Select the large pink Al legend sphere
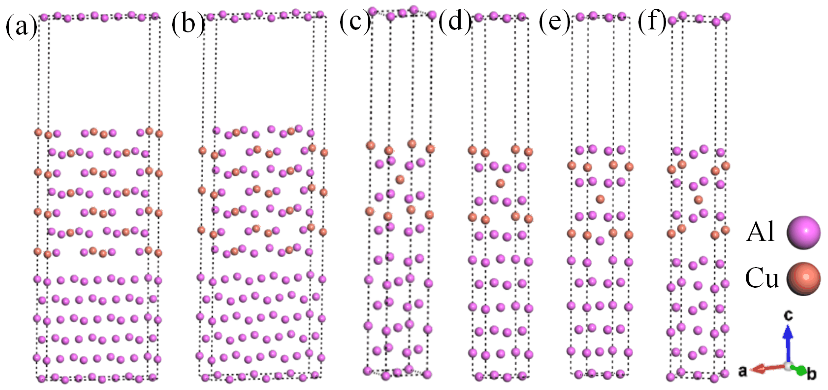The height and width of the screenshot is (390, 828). tap(803, 232)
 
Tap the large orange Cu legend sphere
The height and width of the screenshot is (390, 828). tap(803, 279)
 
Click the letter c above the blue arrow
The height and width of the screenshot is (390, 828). tap(788, 315)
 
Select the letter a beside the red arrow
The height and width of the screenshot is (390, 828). tap(742, 371)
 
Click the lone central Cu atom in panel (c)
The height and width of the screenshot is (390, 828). tap(400, 179)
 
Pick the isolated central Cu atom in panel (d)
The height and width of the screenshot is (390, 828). tap(500, 183)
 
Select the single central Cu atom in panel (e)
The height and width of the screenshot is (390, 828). tap(600, 199)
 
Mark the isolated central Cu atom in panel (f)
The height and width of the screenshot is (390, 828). tap(698, 200)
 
